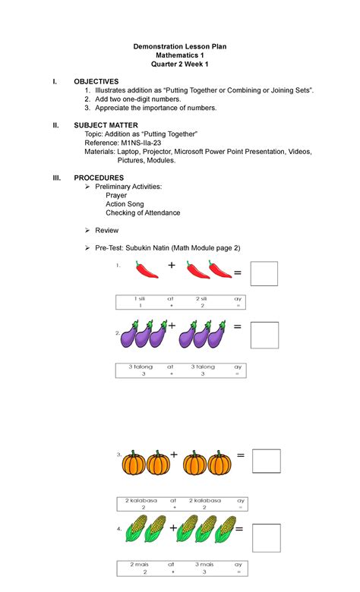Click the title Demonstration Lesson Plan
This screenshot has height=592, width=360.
point(181,46)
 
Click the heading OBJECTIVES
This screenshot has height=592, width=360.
point(96,81)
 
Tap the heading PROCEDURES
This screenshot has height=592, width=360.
point(99,177)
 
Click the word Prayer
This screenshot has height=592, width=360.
point(116,195)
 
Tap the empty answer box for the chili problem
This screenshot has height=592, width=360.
point(264,273)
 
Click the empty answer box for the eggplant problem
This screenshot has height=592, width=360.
point(264,334)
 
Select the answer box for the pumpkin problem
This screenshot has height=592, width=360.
point(266,461)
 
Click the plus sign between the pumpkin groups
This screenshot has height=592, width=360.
point(174,455)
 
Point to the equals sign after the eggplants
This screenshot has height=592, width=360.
point(238,326)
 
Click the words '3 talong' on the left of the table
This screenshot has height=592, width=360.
point(141,367)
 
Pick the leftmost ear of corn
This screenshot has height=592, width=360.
point(137,528)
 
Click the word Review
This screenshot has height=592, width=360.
point(106,230)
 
